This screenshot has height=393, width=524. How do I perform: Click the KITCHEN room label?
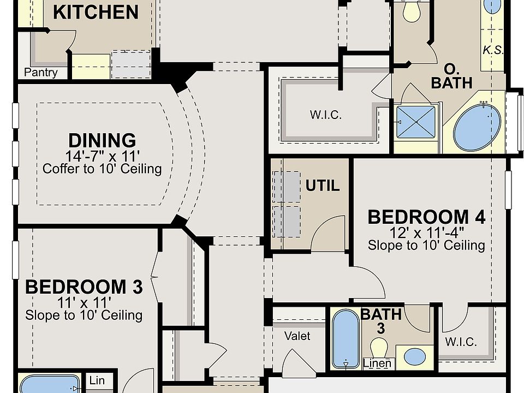pos(96,13)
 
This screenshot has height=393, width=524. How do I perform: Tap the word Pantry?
pos(41,72)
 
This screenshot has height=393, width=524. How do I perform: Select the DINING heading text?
pos(102,140)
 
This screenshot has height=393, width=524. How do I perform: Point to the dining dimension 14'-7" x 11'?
pos(102,156)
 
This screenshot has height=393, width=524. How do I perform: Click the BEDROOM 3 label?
pos(84,287)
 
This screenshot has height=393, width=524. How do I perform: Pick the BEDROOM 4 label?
pos(426,217)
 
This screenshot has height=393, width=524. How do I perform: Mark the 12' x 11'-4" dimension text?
pos(426,233)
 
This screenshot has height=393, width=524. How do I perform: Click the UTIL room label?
pos(323,186)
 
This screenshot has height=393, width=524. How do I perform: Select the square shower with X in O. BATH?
pos(416,122)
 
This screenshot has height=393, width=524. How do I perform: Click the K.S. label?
pos(492,50)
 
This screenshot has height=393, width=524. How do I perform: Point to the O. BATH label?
pos(452,76)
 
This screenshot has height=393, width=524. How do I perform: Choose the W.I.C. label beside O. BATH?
pos(326,115)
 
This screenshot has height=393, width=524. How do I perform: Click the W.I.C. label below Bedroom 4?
pos(461,342)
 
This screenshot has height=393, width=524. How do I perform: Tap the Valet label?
pos(297,336)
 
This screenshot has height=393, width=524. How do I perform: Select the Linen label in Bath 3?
pos(377,363)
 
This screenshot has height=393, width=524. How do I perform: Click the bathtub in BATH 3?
pos(346,339)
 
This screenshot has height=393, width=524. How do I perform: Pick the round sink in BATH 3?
pos(415,357)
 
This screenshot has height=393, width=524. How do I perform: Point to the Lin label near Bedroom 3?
pos(97,380)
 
